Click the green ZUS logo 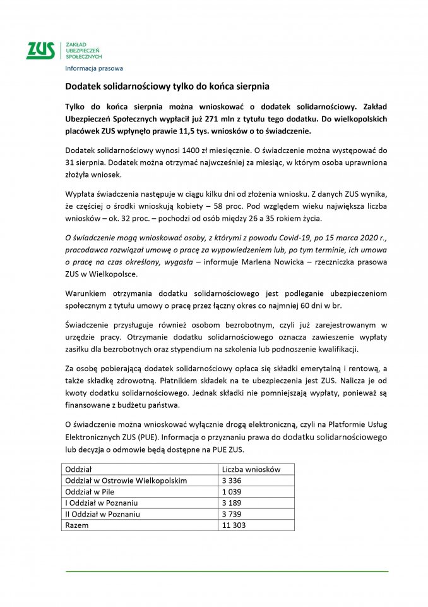coord(40,51)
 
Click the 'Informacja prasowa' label coord(94,68)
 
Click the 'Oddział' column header coord(79,470)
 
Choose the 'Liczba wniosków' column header coord(251,470)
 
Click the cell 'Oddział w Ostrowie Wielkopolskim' coord(126,481)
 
